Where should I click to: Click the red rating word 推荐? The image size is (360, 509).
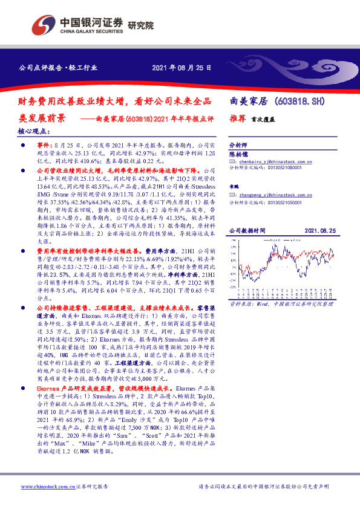point(237,119)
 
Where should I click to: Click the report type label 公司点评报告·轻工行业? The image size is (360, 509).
point(52,68)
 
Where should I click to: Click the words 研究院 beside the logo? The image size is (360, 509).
point(141,25)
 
